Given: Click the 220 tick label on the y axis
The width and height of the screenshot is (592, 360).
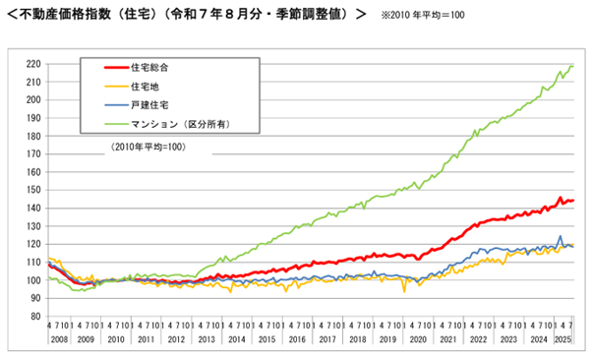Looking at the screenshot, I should pyautogui.click(x=32, y=64).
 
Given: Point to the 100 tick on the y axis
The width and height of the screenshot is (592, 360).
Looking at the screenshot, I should pyautogui.click(x=32, y=280).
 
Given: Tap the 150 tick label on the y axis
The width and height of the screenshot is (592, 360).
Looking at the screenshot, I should pyautogui.click(x=32, y=190).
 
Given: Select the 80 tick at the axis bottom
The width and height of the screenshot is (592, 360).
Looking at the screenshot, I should pyautogui.click(x=35, y=316).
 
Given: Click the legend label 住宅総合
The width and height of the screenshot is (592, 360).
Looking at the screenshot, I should pyautogui.click(x=150, y=68).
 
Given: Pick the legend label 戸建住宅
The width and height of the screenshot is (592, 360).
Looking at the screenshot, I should pyautogui.click(x=150, y=104).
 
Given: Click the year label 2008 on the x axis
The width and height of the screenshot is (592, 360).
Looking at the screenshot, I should pyautogui.click(x=57, y=338).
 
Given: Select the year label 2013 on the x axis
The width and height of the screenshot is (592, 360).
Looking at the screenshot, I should pyautogui.click(x=208, y=338).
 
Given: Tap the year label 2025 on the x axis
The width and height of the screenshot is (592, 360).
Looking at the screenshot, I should pyautogui.click(x=563, y=338).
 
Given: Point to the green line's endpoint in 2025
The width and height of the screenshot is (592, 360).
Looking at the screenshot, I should pyautogui.click(x=573, y=66).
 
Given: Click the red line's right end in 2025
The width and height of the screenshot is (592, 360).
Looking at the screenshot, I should pyautogui.click(x=573, y=201).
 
